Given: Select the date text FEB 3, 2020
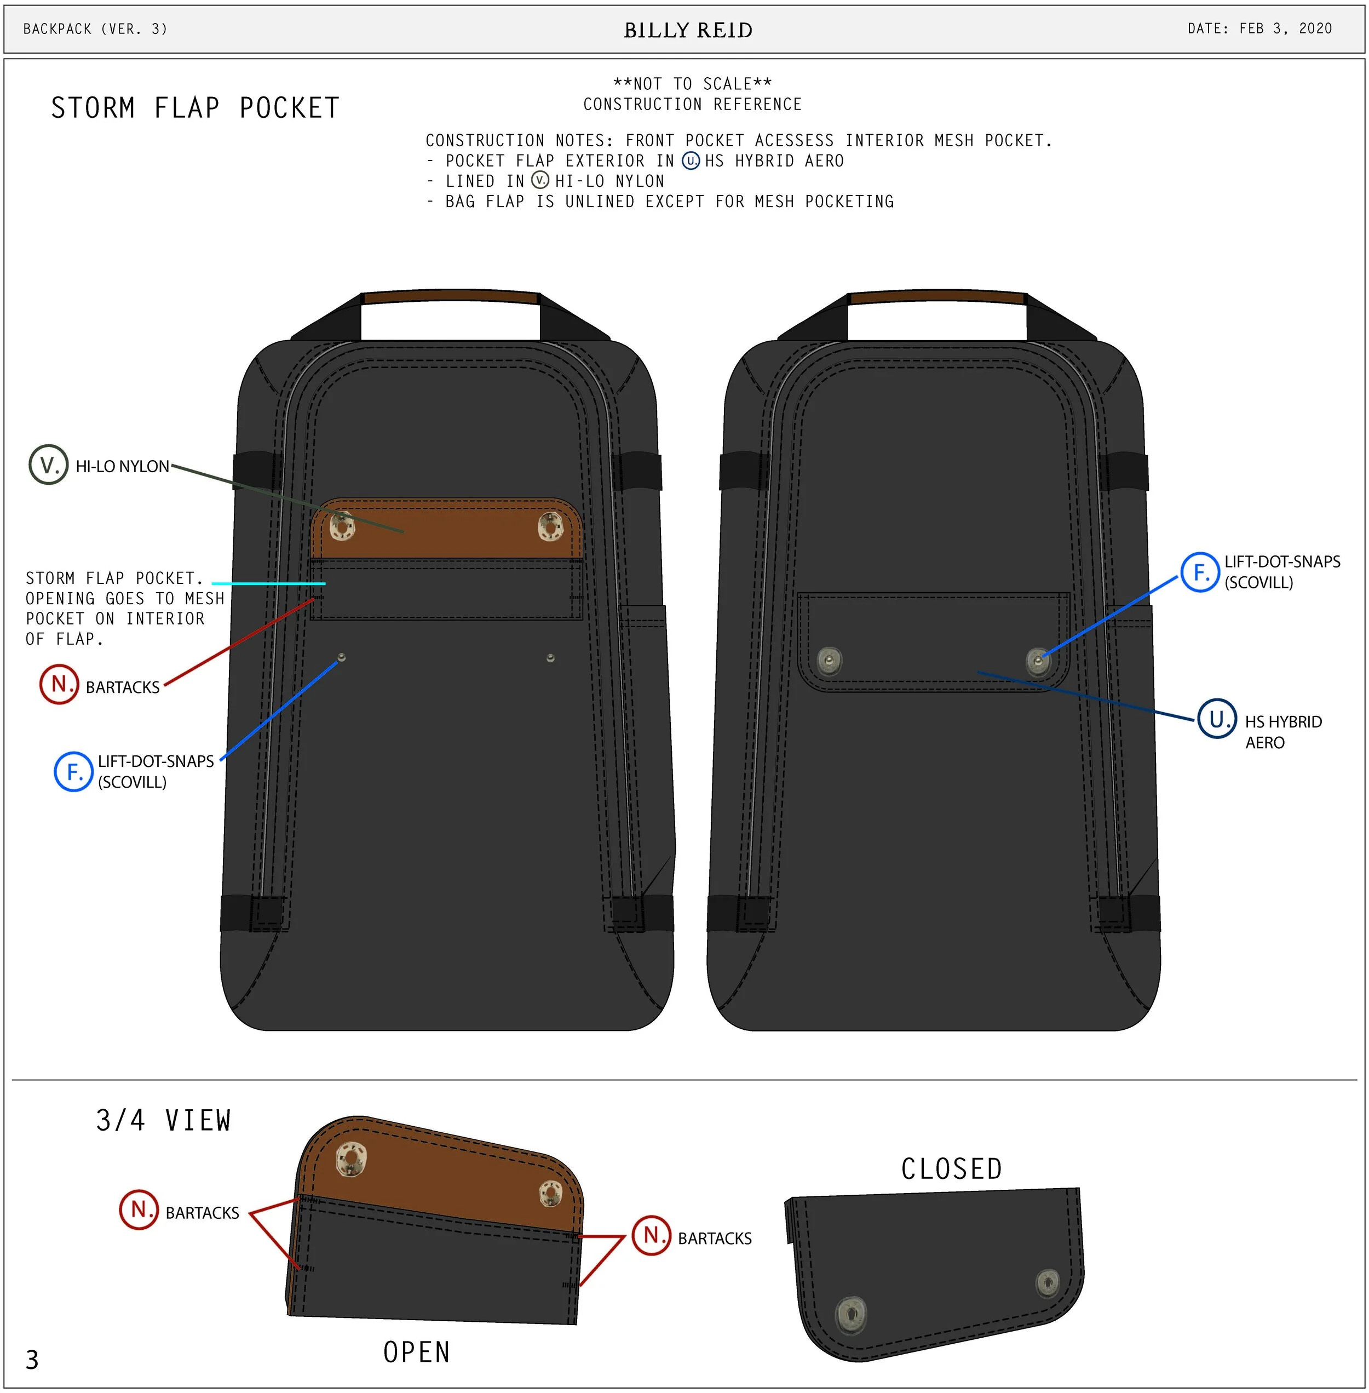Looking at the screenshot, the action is (x=1285, y=29).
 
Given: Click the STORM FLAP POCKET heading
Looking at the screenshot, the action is (x=195, y=108).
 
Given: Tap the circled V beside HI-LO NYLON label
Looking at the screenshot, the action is (x=48, y=465).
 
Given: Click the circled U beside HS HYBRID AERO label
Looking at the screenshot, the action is (x=1217, y=719).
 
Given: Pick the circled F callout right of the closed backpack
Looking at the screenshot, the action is (x=1199, y=572).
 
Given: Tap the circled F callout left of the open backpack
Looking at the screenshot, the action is (x=73, y=772).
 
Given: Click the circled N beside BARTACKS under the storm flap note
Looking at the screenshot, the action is (x=59, y=684).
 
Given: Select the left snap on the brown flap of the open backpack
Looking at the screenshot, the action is (x=342, y=526).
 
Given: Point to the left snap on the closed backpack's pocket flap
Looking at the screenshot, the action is (x=830, y=660).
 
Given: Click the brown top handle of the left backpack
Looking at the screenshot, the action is (x=450, y=298).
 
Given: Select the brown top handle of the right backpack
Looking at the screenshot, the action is (x=937, y=298).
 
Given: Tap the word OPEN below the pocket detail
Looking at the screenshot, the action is (x=416, y=1352).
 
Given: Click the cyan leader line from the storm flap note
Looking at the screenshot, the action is (x=268, y=583).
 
